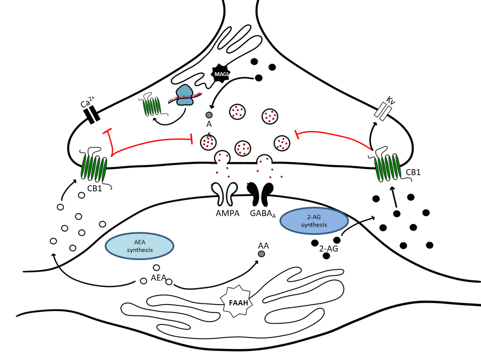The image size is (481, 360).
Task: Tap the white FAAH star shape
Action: pyautogui.click(x=236, y=301)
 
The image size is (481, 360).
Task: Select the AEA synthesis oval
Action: pyautogui.click(x=139, y=246)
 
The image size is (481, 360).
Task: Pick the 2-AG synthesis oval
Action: pyautogui.click(x=314, y=221)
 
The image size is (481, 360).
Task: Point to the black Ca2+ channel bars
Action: pyautogui.click(x=92, y=114)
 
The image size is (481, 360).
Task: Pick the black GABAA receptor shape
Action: pyautogui.click(x=261, y=193)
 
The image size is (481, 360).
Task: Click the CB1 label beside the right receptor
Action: pyautogui.click(x=414, y=173)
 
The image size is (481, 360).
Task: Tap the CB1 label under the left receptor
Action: pyautogui.click(x=94, y=188)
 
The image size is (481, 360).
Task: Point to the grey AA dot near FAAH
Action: pyautogui.click(x=261, y=254)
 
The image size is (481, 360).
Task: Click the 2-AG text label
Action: pyautogui.click(x=328, y=249)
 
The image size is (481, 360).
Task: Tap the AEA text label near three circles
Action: pyautogui.click(x=158, y=278)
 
